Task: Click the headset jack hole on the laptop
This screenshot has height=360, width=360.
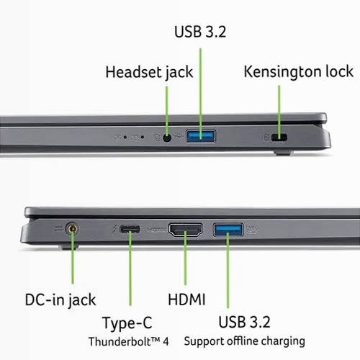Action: point(167,138)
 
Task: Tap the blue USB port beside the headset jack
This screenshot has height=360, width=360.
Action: point(201,136)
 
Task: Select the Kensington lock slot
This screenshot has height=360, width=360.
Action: point(279,138)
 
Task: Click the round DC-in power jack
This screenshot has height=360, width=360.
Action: point(72,229)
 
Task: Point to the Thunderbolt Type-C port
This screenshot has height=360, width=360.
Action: point(130,229)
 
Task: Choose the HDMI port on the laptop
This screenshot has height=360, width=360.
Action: point(186,230)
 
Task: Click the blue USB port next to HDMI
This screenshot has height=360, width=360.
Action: point(228,230)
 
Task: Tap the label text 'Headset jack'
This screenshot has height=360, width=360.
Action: point(149,72)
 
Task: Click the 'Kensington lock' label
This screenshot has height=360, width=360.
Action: point(298,72)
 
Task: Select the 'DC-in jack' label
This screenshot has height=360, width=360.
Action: point(60,300)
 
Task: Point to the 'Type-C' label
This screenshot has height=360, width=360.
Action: point(127,323)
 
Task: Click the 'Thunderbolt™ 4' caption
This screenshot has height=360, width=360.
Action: point(129,341)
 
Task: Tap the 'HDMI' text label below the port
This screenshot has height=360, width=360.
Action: point(186,300)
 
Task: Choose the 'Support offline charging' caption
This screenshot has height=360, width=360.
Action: point(245,341)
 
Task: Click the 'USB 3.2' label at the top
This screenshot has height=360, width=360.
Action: point(200,32)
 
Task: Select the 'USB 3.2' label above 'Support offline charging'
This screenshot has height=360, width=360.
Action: point(244,322)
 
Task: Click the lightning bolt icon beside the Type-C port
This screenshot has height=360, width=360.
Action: point(115,229)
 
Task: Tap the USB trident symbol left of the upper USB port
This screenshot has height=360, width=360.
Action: point(179,137)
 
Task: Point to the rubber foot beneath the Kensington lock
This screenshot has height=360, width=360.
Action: point(284,153)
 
